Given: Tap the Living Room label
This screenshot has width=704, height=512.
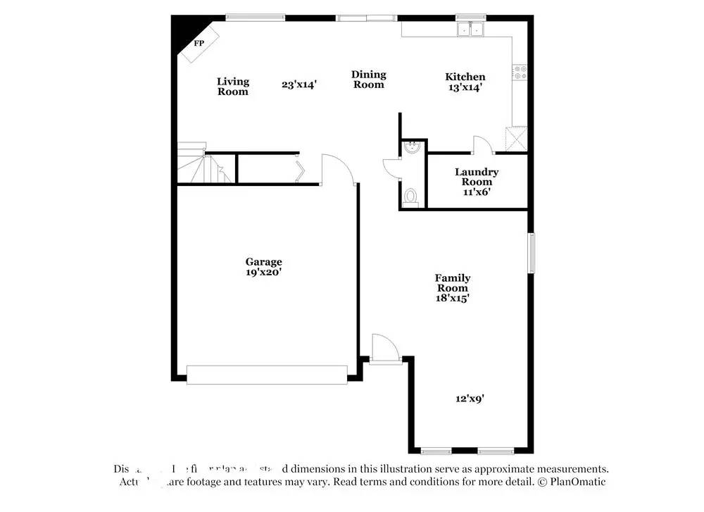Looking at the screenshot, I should click(232, 86).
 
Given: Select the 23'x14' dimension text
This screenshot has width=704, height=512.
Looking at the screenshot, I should click(299, 85).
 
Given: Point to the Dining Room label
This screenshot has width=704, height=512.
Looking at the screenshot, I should click(369, 80).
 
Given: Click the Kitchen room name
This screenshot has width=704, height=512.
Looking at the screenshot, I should click(465, 77).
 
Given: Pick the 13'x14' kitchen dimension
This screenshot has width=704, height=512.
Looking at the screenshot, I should click(465, 88).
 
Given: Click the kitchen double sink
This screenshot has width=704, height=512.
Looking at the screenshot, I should click(470, 30).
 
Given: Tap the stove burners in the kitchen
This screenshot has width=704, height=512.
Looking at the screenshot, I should click(520, 71).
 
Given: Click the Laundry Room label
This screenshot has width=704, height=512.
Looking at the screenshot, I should click(477, 177).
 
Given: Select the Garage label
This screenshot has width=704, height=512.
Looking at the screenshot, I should click(263, 261).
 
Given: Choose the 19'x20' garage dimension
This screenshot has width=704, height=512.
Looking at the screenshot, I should click(263, 272).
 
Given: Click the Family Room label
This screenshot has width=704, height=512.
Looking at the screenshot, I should click(452, 283).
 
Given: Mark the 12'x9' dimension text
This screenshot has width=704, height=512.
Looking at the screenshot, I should click(469, 399).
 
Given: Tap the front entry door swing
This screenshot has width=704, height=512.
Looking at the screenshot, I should click(384, 347).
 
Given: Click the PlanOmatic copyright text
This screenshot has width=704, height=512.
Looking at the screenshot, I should click(572, 482).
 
